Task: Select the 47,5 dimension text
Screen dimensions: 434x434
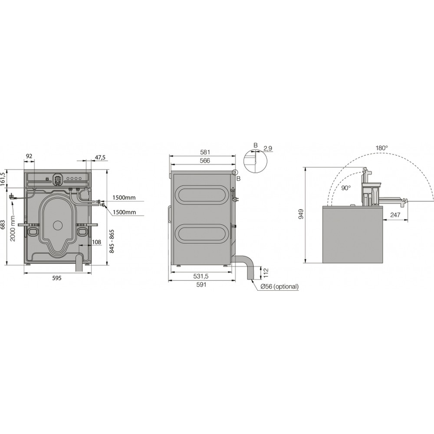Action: pyautogui.click(x=100, y=158)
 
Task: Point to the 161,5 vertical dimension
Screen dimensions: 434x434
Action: pyautogui.click(x=3, y=179)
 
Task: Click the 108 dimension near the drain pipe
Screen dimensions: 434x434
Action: pyautogui.click(x=96, y=242)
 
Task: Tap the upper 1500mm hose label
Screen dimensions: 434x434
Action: pyautogui.click(x=124, y=197)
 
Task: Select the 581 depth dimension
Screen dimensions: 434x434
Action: pyautogui.click(x=205, y=152)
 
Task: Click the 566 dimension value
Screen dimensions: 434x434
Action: pyautogui.click(x=205, y=161)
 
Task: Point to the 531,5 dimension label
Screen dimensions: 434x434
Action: pyautogui.click(x=201, y=276)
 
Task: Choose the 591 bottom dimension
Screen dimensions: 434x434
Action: pyautogui.click(x=201, y=285)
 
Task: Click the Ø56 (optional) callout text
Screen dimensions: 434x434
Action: pyautogui.click(x=279, y=286)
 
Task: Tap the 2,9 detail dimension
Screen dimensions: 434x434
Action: pyautogui.click(x=268, y=148)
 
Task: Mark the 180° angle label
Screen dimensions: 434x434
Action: pyautogui.click(x=381, y=148)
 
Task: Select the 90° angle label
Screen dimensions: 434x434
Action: pyautogui.click(x=345, y=187)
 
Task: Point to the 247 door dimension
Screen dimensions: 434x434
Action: pyautogui.click(x=395, y=214)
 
